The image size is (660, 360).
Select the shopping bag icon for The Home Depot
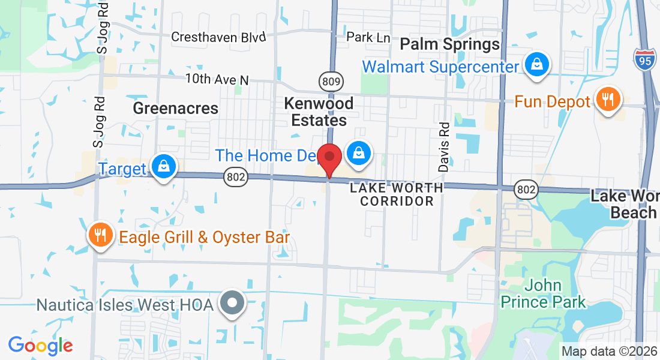point(358,153)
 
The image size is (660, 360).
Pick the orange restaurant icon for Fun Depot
point(608,99)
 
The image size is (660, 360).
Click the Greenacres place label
point(175,108)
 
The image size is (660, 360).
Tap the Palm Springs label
point(449,44)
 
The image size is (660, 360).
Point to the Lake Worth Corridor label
point(397,194)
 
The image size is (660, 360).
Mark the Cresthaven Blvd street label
point(218,37)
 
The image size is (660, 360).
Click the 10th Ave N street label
point(216,79)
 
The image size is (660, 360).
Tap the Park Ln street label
point(368,37)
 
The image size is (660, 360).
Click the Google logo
point(41,346)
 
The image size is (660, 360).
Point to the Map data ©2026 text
point(609,351)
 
